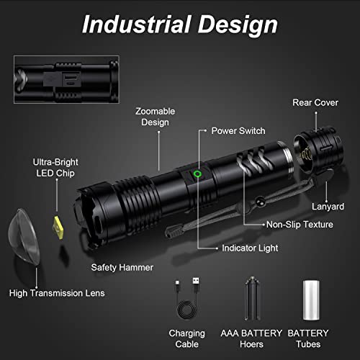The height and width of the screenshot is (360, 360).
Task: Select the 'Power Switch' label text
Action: coord(238,131)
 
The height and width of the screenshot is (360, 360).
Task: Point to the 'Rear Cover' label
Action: coord(315,102)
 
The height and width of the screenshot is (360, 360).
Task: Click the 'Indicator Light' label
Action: coord(250,248)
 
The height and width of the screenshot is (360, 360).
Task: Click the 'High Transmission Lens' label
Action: coord(57,293)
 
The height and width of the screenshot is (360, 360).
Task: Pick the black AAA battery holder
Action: coord(251,298)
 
